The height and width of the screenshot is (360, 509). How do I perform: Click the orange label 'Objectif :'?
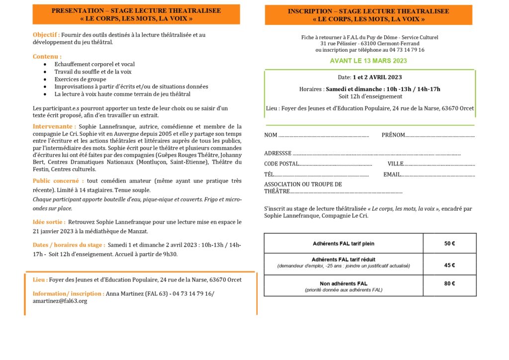(46, 35)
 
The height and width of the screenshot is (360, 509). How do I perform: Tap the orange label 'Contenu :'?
(47, 57)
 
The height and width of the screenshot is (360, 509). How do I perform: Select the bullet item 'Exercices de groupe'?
(80, 79)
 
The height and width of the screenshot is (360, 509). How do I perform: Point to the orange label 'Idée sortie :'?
(49, 222)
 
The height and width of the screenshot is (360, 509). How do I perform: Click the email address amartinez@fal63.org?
(60, 301)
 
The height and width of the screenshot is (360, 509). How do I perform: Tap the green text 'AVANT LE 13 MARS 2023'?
(368, 61)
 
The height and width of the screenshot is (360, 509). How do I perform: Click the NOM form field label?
(271, 135)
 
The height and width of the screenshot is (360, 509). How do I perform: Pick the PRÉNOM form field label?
(393, 135)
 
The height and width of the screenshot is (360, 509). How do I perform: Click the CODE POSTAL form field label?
(281, 164)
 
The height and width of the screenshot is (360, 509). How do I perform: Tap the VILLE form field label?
(396, 164)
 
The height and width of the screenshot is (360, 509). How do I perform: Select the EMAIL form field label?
(392, 175)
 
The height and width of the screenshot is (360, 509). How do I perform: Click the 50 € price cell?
(449, 244)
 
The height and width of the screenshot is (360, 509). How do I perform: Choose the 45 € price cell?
(449, 265)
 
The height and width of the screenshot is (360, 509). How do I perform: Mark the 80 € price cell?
(449, 284)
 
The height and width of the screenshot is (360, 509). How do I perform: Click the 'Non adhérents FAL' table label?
(343, 283)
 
